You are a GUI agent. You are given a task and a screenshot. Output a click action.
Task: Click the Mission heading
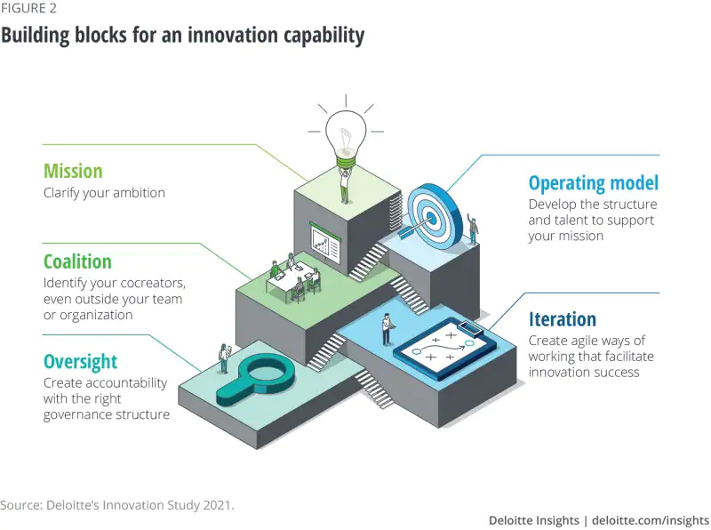[73, 171]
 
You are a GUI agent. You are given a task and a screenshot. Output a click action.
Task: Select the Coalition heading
[77, 261]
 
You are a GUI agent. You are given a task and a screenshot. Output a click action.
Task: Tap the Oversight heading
[80, 362]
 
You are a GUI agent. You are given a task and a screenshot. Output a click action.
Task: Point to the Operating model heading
[593, 183]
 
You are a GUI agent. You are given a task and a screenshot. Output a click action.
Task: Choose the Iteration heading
[563, 319]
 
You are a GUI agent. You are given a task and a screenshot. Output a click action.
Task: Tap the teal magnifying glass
[255, 380]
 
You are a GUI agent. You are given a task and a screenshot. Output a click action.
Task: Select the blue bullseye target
[433, 217]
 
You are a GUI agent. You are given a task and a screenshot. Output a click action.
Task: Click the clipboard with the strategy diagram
[444, 349]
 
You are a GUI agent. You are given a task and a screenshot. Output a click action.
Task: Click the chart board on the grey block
[324, 242]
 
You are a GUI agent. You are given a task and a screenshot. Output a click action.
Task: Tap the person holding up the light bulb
[345, 185]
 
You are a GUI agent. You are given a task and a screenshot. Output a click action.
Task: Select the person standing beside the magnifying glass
[224, 358]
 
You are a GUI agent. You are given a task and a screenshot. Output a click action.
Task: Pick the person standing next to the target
[473, 229]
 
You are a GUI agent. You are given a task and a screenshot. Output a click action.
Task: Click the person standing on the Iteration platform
[387, 329]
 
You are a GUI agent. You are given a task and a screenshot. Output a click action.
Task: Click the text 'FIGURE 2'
[28, 8]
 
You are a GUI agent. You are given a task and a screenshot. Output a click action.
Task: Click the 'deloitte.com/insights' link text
[651, 520]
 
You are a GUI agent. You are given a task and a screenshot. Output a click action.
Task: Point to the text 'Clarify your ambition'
[104, 193]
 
